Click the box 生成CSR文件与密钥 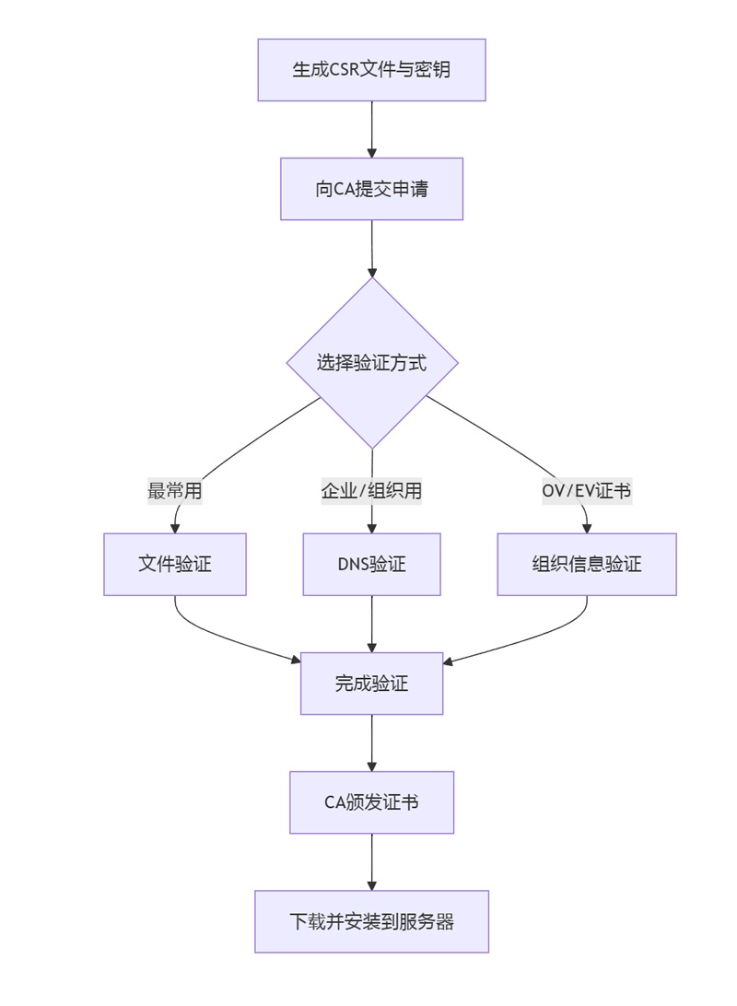pyautogui.click(x=371, y=70)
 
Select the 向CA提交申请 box pyautogui.click(x=371, y=189)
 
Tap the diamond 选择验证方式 pyautogui.click(x=371, y=363)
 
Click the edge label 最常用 pyautogui.click(x=174, y=491)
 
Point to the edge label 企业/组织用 pyautogui.click(x=371, y=491)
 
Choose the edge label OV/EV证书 pyautogui.click(x=587, y=491)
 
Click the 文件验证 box pyautogui.click(x=174, y=564)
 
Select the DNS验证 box pyautogui.click(x=371, y=564)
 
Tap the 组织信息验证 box pyautogui.click(x=587, y=564)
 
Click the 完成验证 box pyautogui.click(x=371, y=684)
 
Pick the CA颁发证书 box pyautogui.click(x=371, y=802)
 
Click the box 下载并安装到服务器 pyautogui.click(x=371, y=921)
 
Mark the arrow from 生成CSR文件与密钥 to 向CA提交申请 pyautogui.click(x=371, y=129)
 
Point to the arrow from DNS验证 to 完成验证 pyautogui.click(x=371, y=624)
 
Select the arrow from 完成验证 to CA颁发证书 pyautogui.click(x=371, y=743)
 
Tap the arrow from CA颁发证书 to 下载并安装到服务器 pyautogui.click(x=371, y=861)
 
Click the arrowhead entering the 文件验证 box pyautogui.click(x=174, y=528)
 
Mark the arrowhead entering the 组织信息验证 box pyautogui.click(x=587, y=528)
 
